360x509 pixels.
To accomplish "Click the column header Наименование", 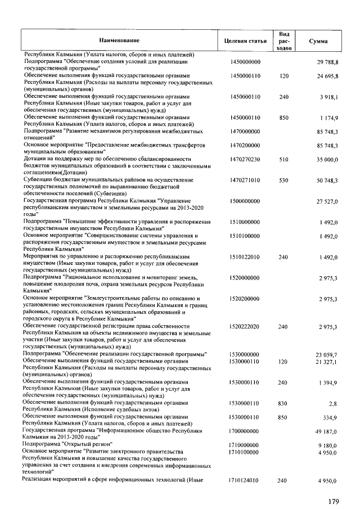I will click(119, 41).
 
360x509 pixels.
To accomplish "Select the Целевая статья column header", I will click(245, 41).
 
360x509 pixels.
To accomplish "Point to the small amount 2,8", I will click(333, 403).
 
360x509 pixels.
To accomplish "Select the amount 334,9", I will click(329, 417).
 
